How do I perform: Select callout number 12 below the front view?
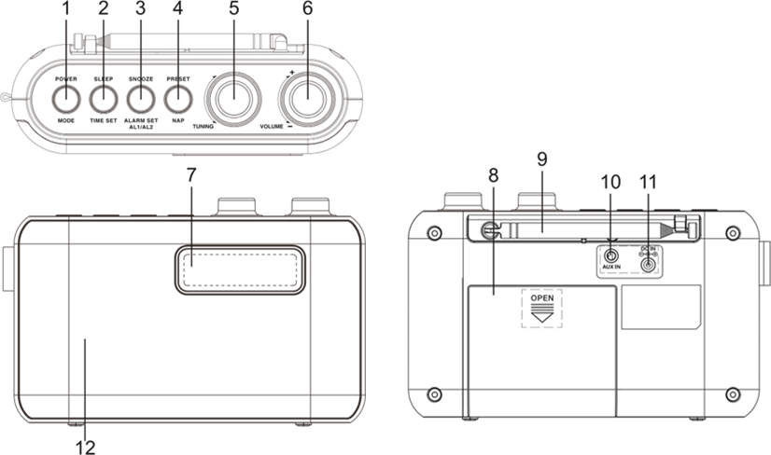pos(85,447)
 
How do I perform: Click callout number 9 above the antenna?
pos(542,159)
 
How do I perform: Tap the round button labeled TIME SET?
pos(103,98)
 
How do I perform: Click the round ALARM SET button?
pos(140,98)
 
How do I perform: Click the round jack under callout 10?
pos(611,257)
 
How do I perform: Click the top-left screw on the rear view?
pos(433,232)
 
